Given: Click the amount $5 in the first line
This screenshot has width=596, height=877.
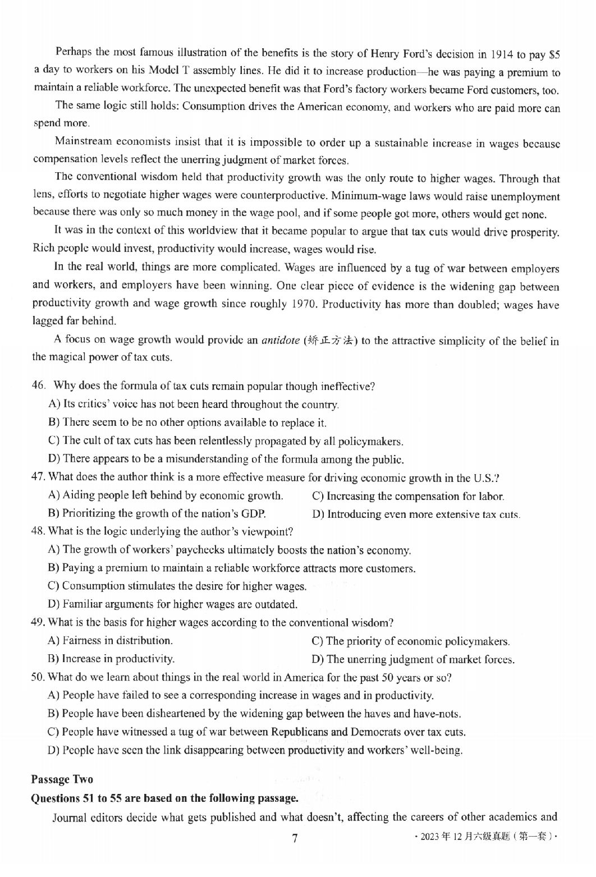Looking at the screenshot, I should click(554, 55).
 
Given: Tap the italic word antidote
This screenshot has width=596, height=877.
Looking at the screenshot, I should click(281, 341).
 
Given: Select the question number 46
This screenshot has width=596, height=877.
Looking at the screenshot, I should click(38, 386).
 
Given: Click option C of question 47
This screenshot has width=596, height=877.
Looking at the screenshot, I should click(408, 496).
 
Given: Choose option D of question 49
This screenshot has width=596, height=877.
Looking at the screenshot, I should click(413, 659).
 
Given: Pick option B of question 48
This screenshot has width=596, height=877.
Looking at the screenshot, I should click(232, 568).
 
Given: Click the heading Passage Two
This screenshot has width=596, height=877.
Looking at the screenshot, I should click(62, 779).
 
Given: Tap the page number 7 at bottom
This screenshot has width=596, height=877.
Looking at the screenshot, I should click(294, 838).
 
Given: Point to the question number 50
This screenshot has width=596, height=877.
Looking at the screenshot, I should click(38, 677).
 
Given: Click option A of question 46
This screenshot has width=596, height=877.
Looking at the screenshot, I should click(194, 404).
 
